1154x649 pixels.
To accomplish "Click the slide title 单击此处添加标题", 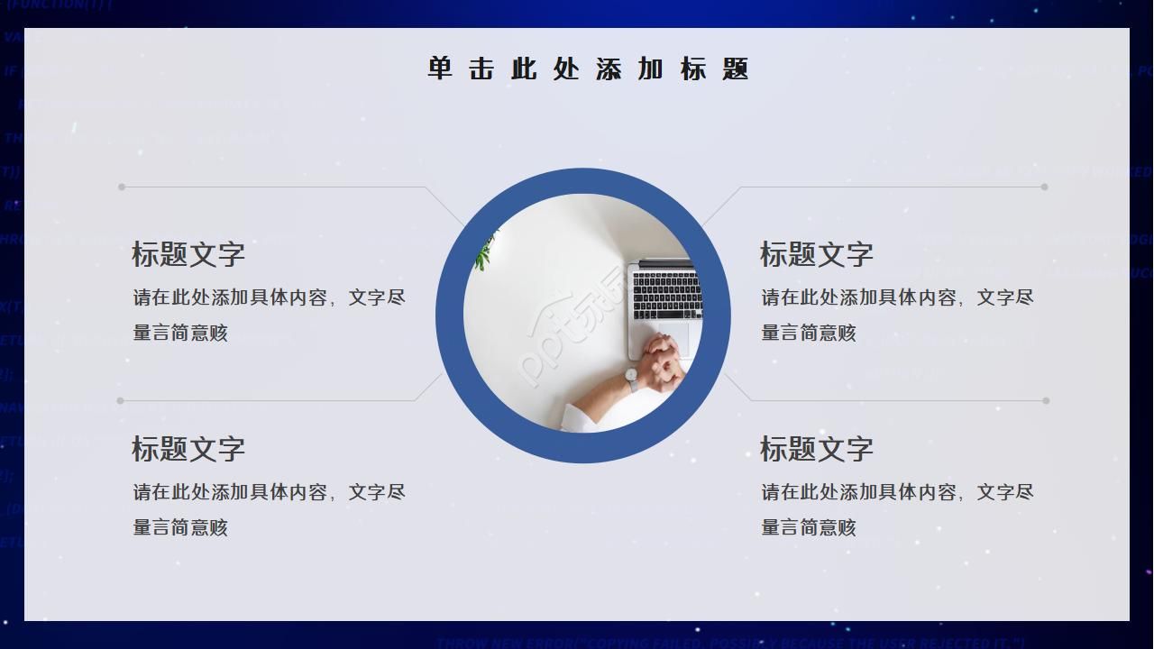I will pos(588,69).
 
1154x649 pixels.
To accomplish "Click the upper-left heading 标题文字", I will pos(188,254).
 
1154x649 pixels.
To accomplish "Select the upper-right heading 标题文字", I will pos(817,254).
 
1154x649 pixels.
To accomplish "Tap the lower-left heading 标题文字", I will pos(188,449).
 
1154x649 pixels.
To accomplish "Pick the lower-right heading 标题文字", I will pos(817,449).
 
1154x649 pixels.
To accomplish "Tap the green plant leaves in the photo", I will pos(485,252).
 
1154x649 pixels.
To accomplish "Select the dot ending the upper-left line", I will pos(122,187).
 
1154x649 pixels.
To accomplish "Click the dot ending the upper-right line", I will pos(1044,187).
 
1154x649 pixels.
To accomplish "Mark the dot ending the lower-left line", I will pos(121,400).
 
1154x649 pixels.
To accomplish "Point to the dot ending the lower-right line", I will pos(1046,400).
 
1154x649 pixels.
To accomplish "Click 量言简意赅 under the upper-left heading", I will pos(180,333).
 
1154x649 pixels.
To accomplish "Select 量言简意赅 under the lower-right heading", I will pos(809,527).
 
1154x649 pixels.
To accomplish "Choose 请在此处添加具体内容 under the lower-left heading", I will pos(231,492).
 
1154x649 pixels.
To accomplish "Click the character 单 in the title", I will pos(439,69).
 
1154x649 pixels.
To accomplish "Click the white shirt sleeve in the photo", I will pos(582,416).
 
